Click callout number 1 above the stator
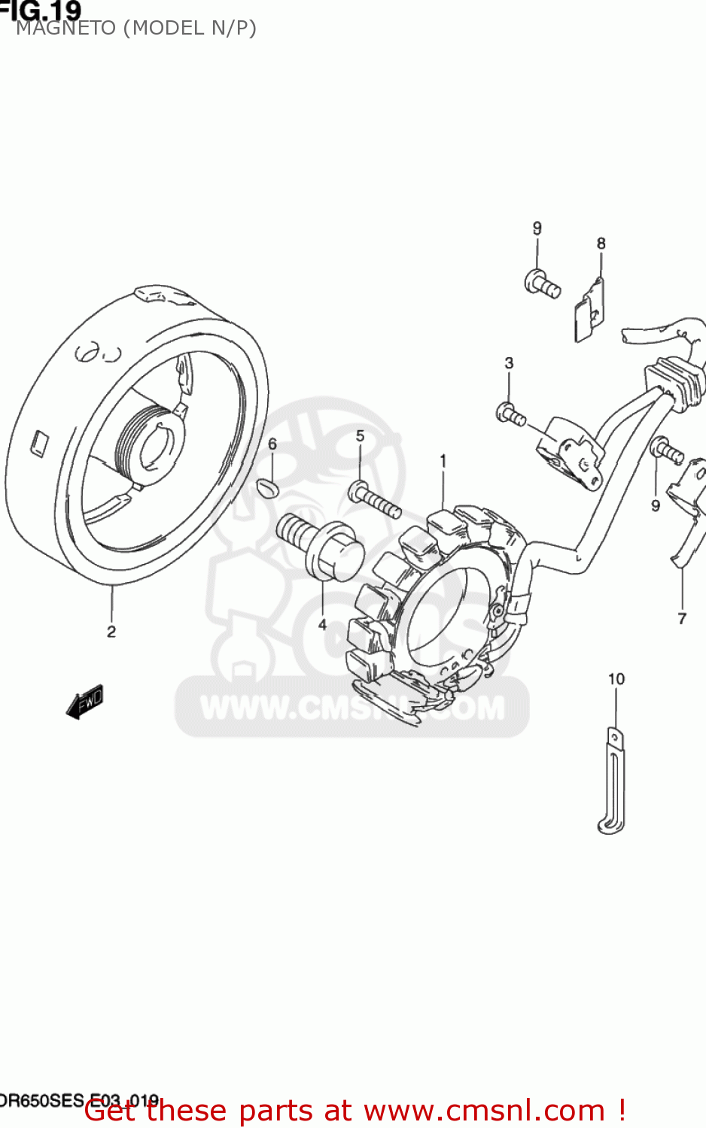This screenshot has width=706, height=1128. point(443,460)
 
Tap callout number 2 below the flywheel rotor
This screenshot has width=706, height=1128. point(111,632)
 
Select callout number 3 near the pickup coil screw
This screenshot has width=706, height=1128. point(509,363)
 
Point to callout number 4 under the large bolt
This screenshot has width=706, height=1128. point(322,624)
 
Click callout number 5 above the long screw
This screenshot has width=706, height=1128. point(360,436)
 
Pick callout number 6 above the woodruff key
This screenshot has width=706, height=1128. point(272,444)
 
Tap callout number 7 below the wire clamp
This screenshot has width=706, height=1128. point(682,618)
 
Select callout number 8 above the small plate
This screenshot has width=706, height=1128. point(601,244)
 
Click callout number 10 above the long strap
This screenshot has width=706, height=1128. point(616,679)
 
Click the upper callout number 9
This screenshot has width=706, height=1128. point(537,228)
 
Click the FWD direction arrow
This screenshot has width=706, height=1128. point(84,702)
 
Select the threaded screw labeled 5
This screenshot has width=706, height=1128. point(374,501)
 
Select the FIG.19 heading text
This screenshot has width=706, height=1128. point(41,10)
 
